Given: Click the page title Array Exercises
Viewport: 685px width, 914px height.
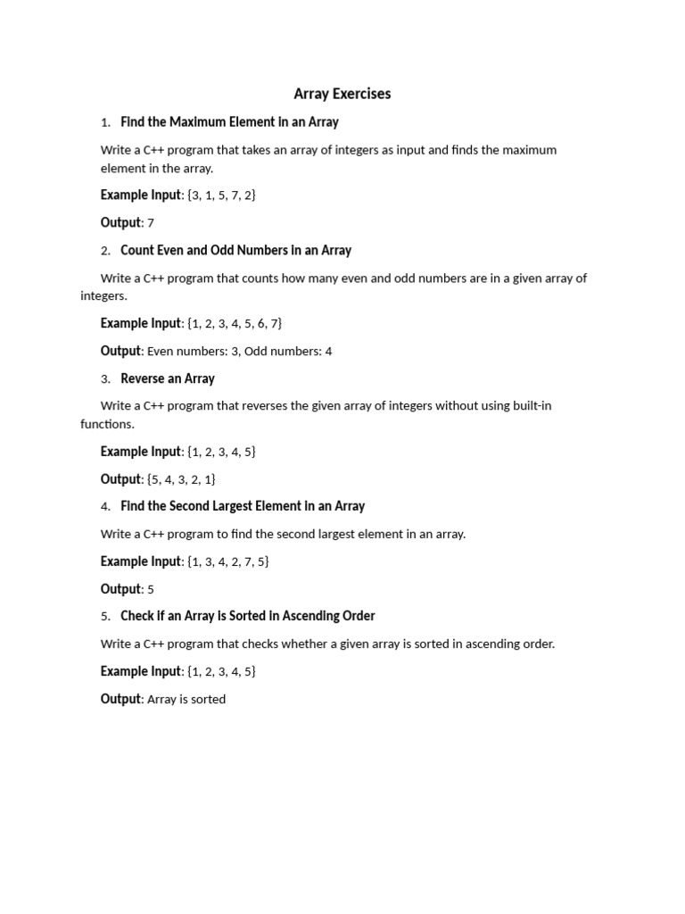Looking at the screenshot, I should click(342, 94).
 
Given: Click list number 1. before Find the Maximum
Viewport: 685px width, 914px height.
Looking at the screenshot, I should click(105, 122).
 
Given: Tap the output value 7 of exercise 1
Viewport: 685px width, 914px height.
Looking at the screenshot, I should click(151, 223).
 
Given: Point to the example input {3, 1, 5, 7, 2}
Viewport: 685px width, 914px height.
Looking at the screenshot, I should click(221, 195).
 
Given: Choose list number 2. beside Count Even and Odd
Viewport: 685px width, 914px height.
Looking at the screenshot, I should click(105, 251).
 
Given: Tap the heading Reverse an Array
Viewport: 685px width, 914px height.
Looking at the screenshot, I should click(168, 378).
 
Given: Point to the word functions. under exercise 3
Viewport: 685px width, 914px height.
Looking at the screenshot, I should click(107, 424).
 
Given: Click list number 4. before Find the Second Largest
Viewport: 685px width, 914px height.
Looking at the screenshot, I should click(105, 507).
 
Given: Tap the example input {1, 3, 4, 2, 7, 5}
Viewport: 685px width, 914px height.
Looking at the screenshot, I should click(227, 561).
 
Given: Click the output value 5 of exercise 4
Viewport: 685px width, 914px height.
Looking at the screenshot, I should click(151, 590).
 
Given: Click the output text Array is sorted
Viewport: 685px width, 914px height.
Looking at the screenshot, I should click(186, 700).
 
